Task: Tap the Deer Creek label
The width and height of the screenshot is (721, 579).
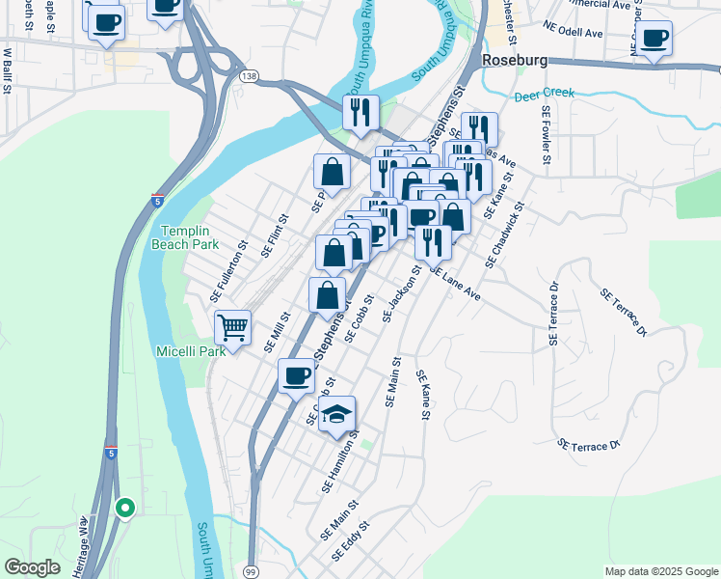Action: pyautogui.click(x=544, y=95)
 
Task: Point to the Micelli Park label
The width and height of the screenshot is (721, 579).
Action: pyautogui.click(x=190, y=351)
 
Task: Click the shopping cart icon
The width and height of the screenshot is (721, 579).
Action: pyautogui.click(x=232, y=327)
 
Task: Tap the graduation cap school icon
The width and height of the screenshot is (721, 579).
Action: pyautogui.click(x=336, y=414)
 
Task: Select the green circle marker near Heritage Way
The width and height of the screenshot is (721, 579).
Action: pyautogui.click(x=123, y=506)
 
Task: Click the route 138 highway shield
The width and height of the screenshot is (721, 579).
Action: pyautogui.click(x=249, y=75)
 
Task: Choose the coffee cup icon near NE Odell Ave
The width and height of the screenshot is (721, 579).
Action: pyautogui.click(x=654, y=39)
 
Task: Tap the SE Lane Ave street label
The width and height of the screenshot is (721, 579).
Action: pyautogui.click(x=455, y=285)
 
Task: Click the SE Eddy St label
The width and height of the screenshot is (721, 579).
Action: pyautogui.click(x=352, y=545)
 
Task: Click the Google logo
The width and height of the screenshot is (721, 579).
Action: pyautogui.click(x=32, y=567)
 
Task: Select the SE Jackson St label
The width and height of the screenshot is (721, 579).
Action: pyautogui.click(x=402, y=293)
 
